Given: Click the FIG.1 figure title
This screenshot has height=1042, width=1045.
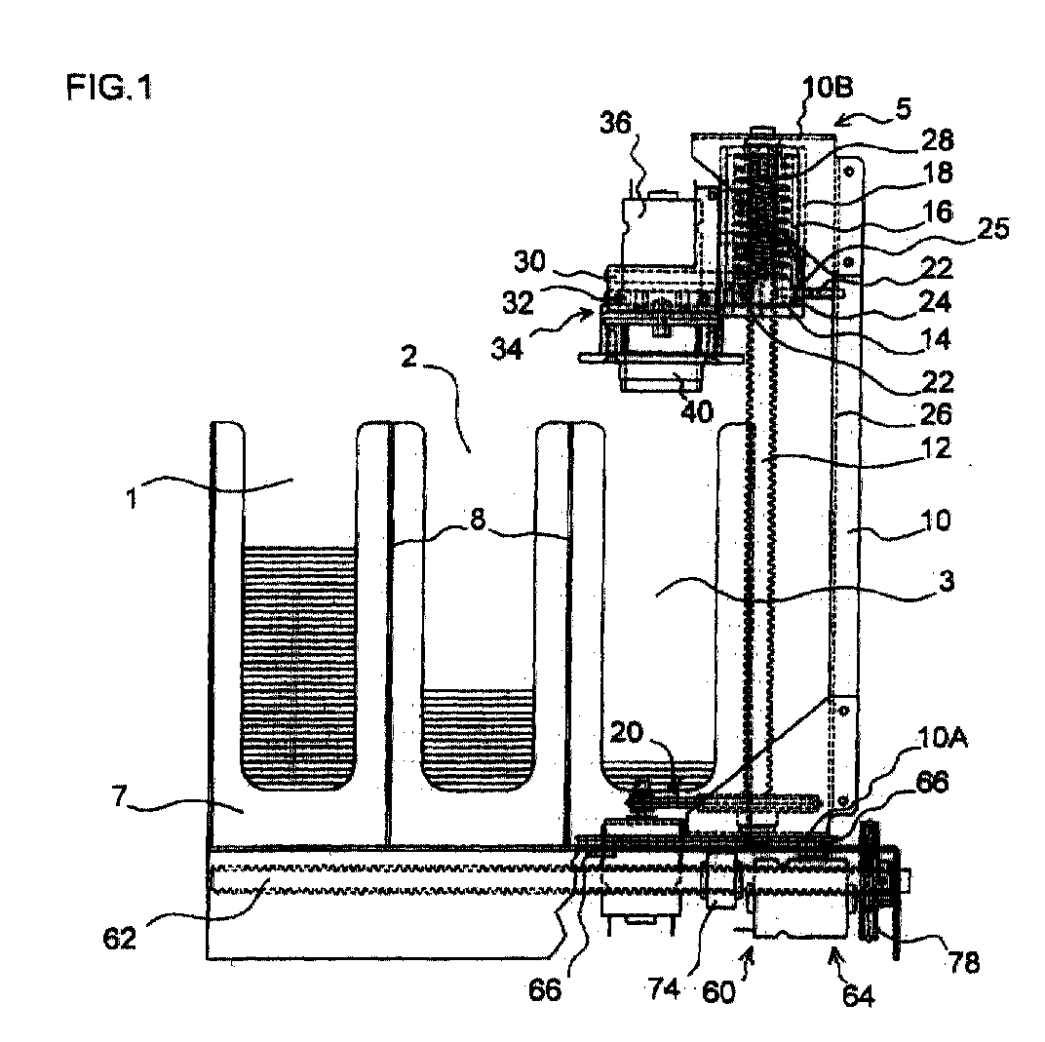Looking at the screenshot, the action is pyautogui.click(x=109, y=88).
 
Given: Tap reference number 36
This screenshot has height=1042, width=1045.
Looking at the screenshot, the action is pyautogui.click(x=615, y=123).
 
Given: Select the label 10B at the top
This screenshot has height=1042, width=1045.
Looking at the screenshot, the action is pyautogui.click(x=827, y=88).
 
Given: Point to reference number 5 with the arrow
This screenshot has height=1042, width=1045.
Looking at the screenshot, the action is pyautogui.click(x=903, y=108).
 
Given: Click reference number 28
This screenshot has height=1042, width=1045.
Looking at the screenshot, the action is pyautogui.click(x=937, y=140).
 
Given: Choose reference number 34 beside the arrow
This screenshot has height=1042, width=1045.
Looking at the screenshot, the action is pyautogui.click(x=507, y=348).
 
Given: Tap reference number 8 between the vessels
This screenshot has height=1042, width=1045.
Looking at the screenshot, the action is pyautogui.click(x=478, y=519).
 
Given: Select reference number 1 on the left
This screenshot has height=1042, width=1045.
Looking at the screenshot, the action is pyautogui.click(x=132, y=497).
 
